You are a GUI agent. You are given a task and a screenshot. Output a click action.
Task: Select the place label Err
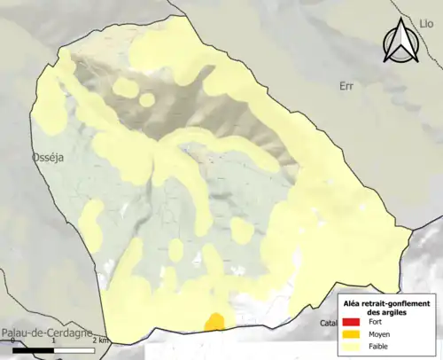[346, 86]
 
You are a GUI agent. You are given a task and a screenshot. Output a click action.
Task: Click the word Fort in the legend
[375, 323]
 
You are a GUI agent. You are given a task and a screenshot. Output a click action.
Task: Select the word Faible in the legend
[379, 346]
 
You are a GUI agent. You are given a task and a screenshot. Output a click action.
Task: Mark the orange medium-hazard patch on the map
[214, 322]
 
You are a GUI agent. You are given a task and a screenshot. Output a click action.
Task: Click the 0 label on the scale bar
[12, 340]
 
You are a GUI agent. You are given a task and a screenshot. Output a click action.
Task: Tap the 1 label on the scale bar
[55, 340]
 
